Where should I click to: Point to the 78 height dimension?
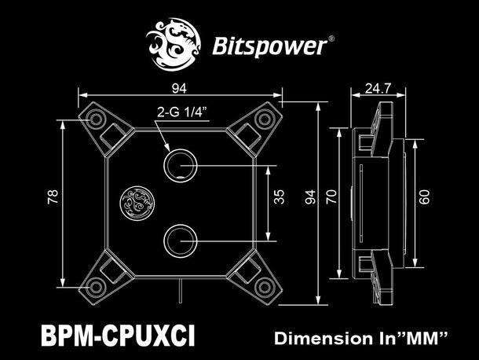(x=53, y=198)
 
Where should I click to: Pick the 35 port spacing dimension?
(x=279, y=197)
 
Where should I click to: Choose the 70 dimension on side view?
(x=333, y=197)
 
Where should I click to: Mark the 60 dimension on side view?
(x=425, y=197)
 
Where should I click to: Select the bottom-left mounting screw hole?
(x=97, y=285)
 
